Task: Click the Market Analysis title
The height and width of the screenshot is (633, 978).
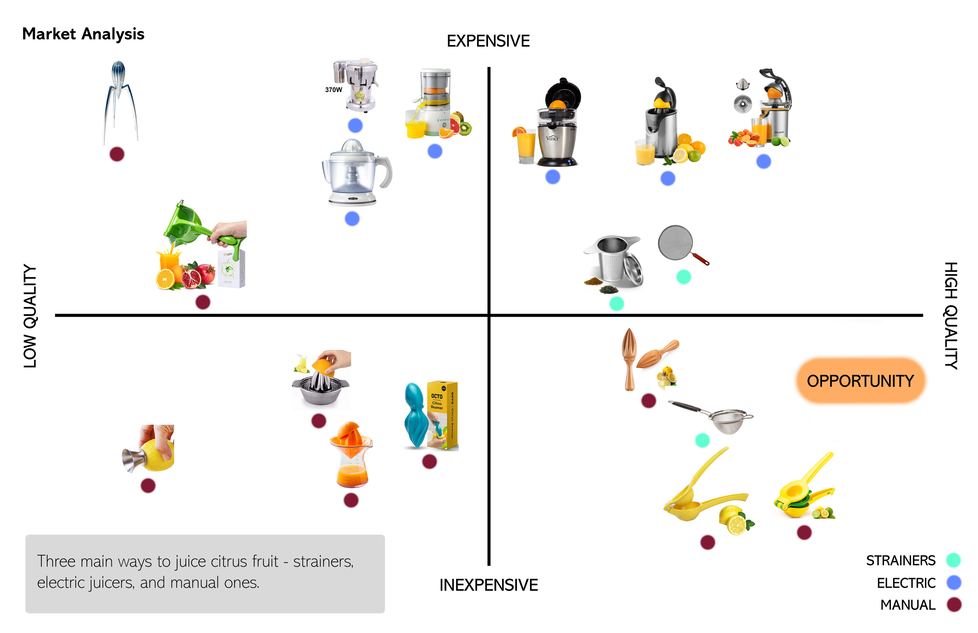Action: pyautogui.click(x=83, y=34)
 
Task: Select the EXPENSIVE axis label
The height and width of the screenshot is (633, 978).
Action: pyautogui.click(x=488, y=41)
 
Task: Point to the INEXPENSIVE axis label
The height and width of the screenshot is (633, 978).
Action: pyautogui.click(x=488, y=585)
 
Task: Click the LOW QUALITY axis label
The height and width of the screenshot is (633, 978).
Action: pyautogui.click(x=30, y=316)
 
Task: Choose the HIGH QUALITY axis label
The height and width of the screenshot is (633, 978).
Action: pyautogui.click(x=951, y=316)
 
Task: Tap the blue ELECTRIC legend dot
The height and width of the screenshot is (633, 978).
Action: pyautogui.click(x=953, y=583)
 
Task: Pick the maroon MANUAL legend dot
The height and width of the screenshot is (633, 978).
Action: pyautogui.click(x=953, y=605)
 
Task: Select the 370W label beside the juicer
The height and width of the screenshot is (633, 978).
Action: pyautogui.click(x=333, y=89)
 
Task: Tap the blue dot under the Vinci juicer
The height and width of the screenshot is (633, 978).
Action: pyautogui.click(x=553, y=177)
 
